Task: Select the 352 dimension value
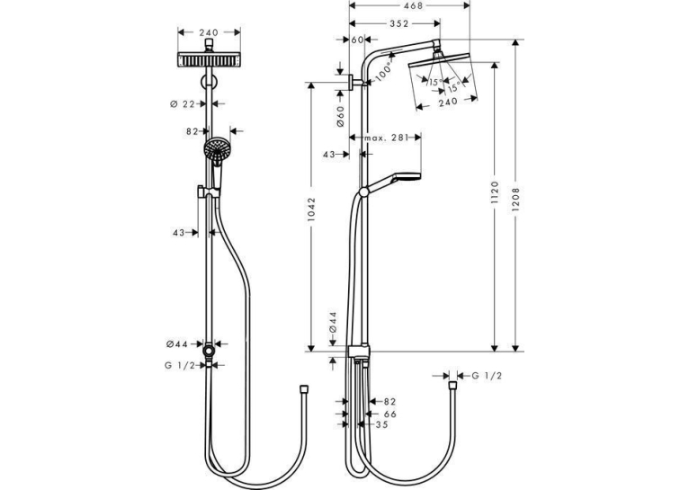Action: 399,23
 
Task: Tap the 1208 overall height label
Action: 516,200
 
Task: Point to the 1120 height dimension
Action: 496,192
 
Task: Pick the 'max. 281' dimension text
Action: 386,138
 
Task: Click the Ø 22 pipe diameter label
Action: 182,104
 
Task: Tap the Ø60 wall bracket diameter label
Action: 341,116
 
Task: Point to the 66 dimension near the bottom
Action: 390,414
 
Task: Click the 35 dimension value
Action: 382,424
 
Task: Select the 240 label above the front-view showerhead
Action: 209,32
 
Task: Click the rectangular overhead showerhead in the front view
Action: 210,60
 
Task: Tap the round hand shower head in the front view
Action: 217,149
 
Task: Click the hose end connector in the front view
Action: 304,389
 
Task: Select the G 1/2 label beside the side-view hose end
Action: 487,376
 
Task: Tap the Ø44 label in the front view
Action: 176,344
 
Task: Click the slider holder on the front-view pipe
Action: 208,192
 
